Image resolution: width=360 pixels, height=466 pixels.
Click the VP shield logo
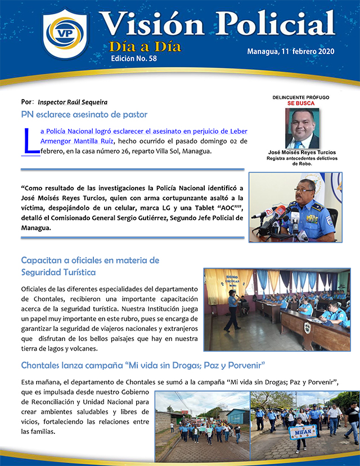pyautogui.click(x=65, y=34)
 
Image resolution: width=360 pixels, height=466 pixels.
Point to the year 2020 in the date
pyautogui.click(x=322, y=52)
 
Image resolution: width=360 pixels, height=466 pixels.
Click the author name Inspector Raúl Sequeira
pyautogui.click(x=73, y=102)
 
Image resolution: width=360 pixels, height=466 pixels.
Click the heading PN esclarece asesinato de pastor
pyautogui.click(x=84, y=115)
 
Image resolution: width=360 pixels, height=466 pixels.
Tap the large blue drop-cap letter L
pyautogui.click(x=31, y=141)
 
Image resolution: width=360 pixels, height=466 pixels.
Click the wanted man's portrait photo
pyautogui.click(x=301, y=128)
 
